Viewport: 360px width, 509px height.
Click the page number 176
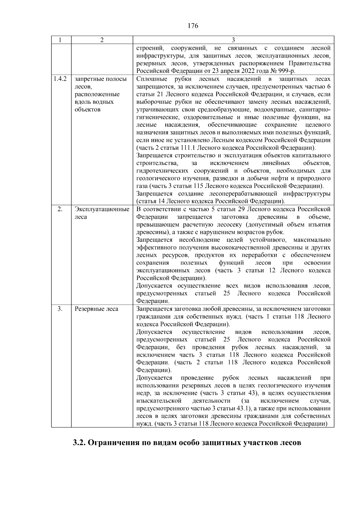(193, 26)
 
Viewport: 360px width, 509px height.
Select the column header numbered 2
(102, 40)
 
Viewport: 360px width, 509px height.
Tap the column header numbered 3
(233, 40)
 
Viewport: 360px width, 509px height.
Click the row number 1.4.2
(60, 79)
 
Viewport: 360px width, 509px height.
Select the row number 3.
(60, 309)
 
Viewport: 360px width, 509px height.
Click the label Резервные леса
(96, 309)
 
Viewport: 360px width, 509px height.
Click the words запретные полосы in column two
(101, 79)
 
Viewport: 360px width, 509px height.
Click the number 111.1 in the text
(188, 148)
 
